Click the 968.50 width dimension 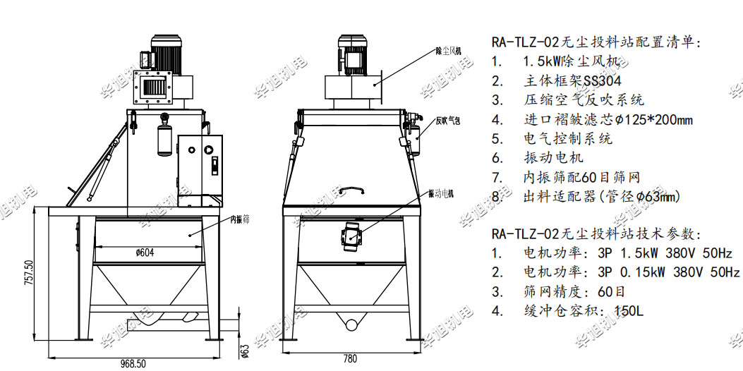pos(132,363)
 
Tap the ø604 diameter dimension pos(145,253)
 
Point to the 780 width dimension pos(350,359)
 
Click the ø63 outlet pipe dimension pos(245,350)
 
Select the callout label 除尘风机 pos(449,50)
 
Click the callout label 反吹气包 pos(448,121)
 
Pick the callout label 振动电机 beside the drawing pos(441,193)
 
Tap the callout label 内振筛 pos(240,220)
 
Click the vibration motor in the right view pos(350,233)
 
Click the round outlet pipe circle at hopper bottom pos(352,324)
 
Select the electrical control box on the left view pos(200,165)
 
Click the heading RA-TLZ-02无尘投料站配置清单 pos(596,43)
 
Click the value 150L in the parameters pos(629,311)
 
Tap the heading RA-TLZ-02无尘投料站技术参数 pos(595,233)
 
